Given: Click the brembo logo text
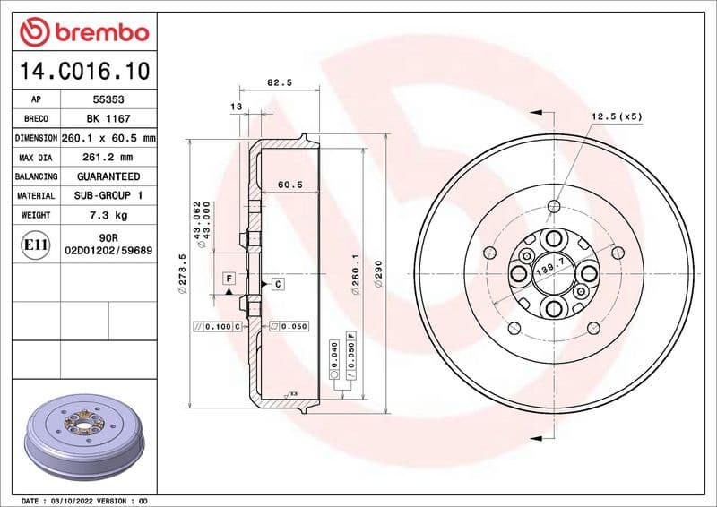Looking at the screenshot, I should (98, 33).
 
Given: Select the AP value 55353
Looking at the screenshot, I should (108, 100).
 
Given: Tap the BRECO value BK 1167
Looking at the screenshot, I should (108, 119).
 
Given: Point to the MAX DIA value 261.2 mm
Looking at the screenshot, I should (108, 158).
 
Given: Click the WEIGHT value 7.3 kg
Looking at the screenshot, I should (108, 215).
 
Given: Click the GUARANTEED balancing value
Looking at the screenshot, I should (108, 176).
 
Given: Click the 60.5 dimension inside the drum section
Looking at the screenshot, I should (289, 185).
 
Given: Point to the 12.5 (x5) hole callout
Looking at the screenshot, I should (617, 116).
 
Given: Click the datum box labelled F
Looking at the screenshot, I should (229, 278).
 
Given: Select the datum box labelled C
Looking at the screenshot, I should (277, 284).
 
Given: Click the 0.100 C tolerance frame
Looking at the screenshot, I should (219, 326).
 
